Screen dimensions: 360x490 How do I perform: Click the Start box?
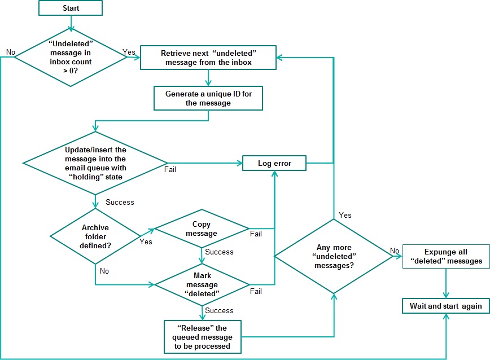pos(71,8)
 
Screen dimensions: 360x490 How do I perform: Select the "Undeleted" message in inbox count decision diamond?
pos(71,57)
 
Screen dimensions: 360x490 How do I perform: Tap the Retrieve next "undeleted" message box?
pos(208,57)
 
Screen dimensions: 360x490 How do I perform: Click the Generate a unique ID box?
pos(208,98)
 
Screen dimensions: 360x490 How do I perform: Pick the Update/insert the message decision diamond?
pos(95,164)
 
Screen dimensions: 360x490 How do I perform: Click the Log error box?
pos(274,163)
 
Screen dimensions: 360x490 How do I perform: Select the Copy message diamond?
pos(201,229)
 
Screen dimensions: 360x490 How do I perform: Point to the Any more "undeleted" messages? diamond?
pos(334,256)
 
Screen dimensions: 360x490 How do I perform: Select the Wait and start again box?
pos(445,306)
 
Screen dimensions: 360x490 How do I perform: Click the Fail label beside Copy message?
pos(256,234)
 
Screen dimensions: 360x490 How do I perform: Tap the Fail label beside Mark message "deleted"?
pos(256,291)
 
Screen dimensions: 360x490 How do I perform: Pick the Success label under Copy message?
pos(220,252)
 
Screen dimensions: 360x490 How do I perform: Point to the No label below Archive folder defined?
pos(104,271)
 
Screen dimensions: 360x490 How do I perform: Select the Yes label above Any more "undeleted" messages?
pos(345,215)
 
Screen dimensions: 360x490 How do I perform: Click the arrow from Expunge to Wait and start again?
pos(447,283)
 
